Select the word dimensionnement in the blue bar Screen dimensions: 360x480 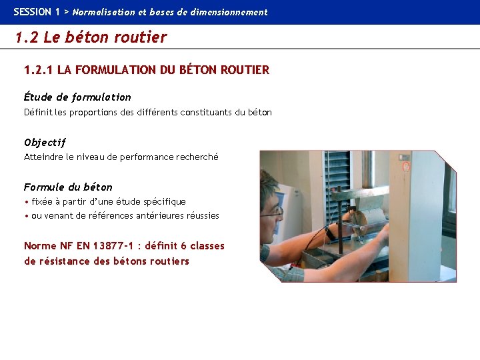[233, 12]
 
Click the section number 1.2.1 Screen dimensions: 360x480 [39, 70]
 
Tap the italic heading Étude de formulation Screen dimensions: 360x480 [77, 97]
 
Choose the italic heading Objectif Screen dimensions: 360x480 [45, 142]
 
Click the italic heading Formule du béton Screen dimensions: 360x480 [68, 187]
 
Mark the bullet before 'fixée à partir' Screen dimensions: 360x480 [26, 202]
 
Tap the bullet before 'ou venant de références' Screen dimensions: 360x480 [26, 216]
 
